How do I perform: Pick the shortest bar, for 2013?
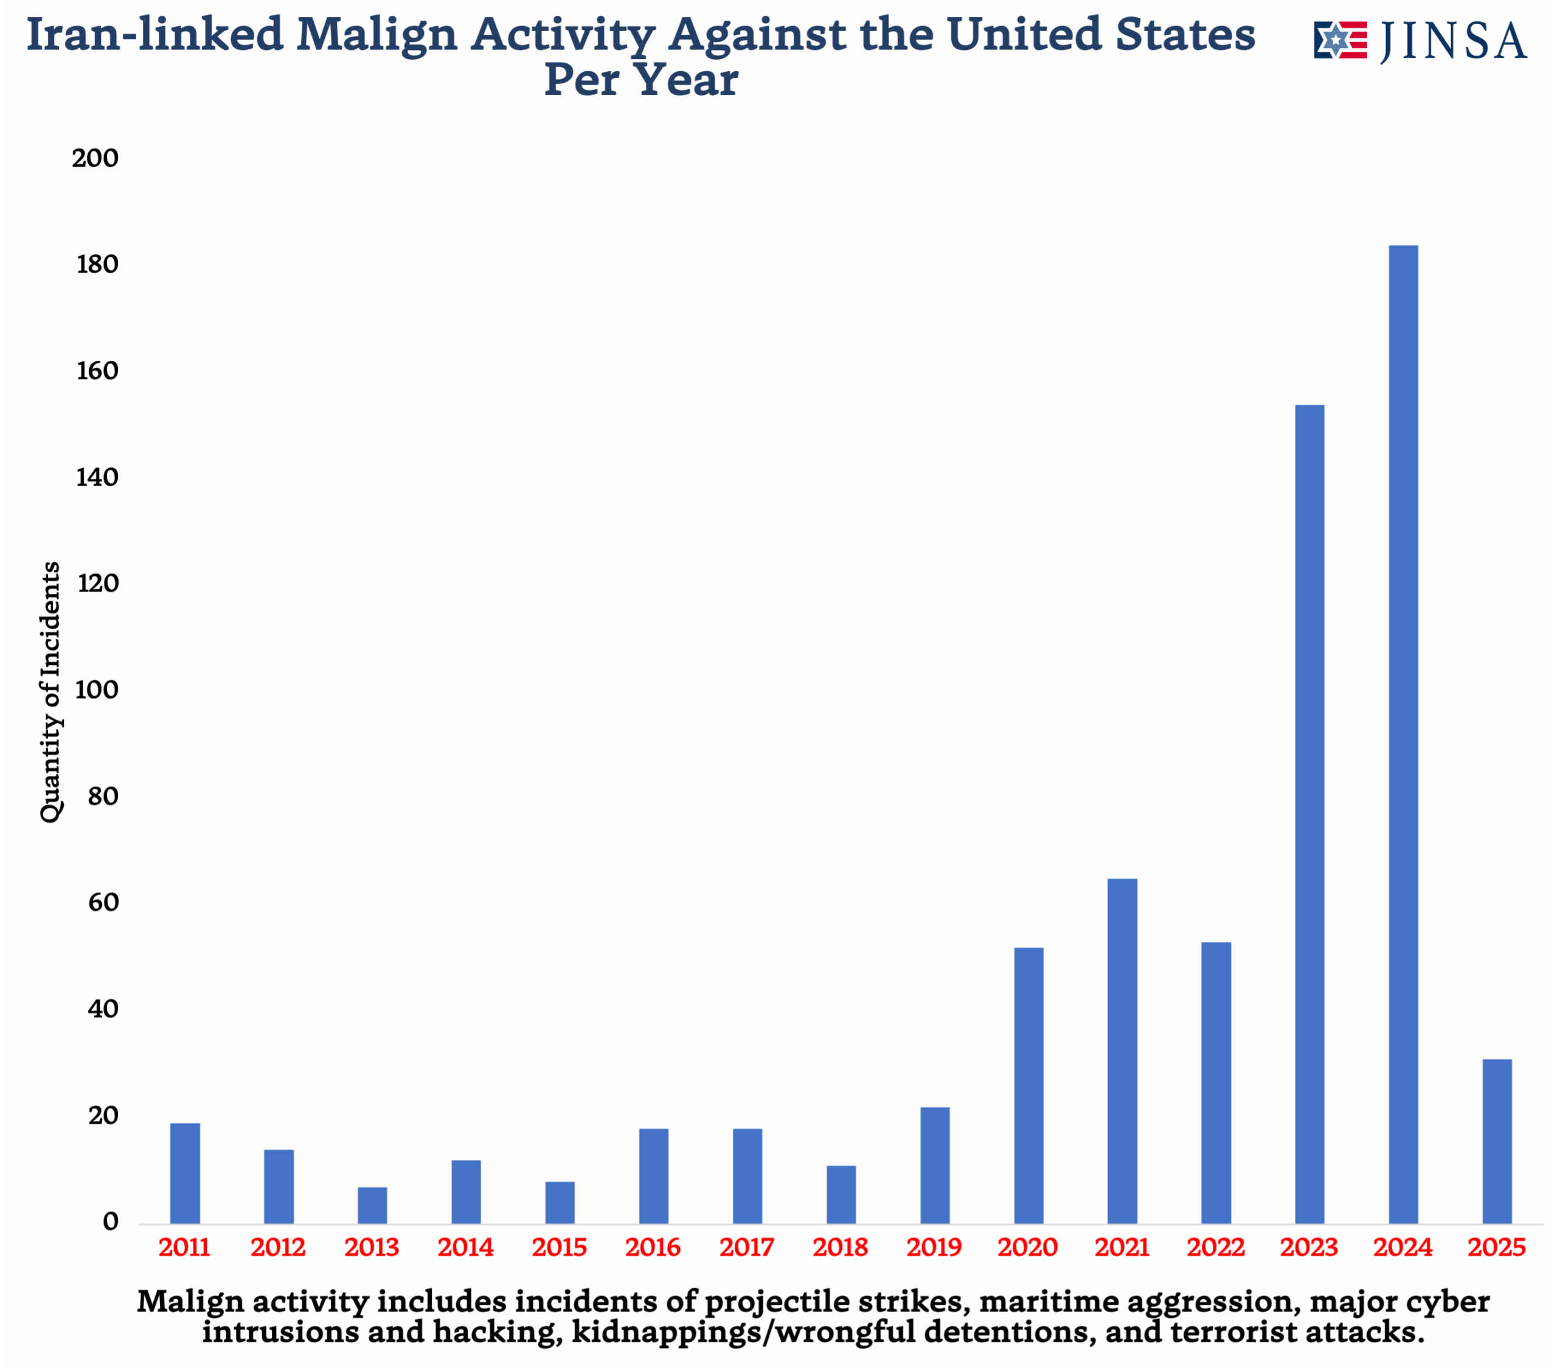click(372, 1205)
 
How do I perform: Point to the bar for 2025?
click(1497, 1141)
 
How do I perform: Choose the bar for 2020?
click(1028, 1085)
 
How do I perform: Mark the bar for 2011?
click(185, 1173)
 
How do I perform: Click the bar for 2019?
click(935, 1165)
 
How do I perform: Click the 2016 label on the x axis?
click(653, 1247)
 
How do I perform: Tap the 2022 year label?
click(1215, 1247)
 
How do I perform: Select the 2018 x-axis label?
click(840, 1247)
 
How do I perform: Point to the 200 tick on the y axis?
click(95, 158)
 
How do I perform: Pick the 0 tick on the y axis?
click(111, 1223)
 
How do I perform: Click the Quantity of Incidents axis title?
click(50, 692)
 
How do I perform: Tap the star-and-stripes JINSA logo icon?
click(1340, 40)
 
